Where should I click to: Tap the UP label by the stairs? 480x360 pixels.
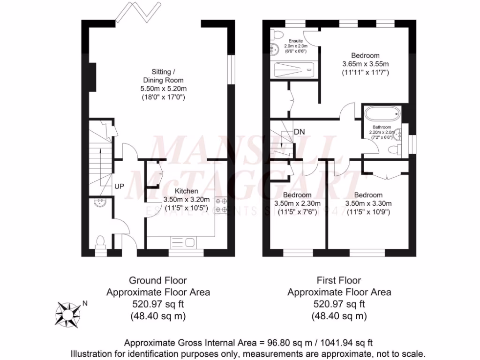pos(120,186)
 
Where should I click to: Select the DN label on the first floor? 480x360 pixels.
pos(300,132)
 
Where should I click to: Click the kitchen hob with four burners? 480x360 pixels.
pos(221,204)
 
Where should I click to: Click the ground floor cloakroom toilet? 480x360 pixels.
pos(100,242)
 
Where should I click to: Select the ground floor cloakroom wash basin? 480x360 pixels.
pos(99,202)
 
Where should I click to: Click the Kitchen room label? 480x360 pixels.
pos(187,191)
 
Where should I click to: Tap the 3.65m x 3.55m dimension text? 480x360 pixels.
pos(366,64)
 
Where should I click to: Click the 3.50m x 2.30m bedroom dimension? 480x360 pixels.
pos(297,203)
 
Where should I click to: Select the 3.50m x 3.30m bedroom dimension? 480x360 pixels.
pos(368,203)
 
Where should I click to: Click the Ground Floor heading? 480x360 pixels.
pos(158,281)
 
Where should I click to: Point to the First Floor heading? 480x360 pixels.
pos(339,281)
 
